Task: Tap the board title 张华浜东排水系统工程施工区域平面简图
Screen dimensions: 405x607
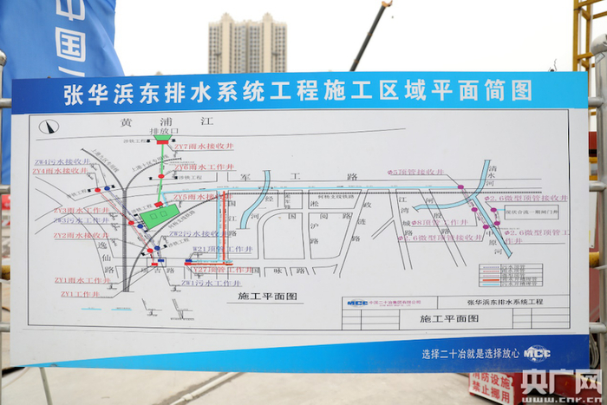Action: pos(297,91)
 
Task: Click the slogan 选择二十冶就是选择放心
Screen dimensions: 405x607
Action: pos(470,353)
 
